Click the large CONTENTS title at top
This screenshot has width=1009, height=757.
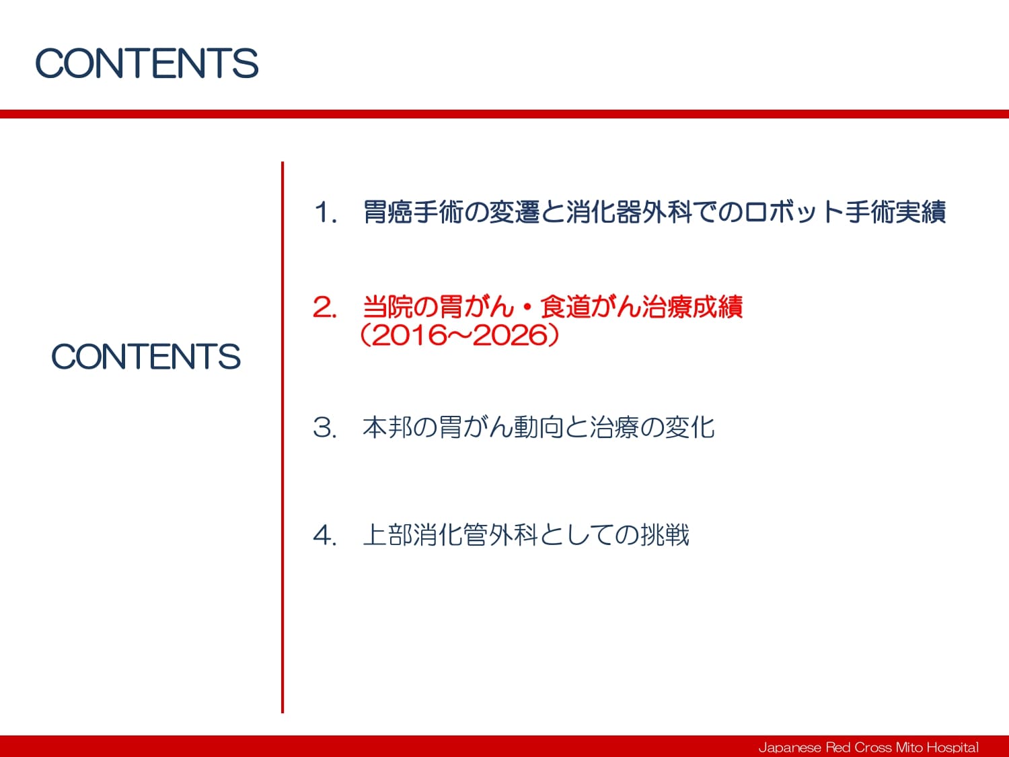pyautogui.click(x=147, y=63)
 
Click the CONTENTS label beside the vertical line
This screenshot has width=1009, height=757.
pyautogui.click(x=146, y=356)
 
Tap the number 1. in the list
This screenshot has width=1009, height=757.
pyautogui.click(x=325, y=213)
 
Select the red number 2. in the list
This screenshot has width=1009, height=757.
pyautogui.click(x=324, y=307)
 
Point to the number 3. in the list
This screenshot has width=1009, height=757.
pyautogui.click(x=324, y=427)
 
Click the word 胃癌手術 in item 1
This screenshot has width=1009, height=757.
pyautogui.click(x=413, y=212)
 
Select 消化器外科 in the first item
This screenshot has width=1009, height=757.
pyautogui.click(x=629, y=212)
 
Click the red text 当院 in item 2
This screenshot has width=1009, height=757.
pyautogui.click(x=387, y=307)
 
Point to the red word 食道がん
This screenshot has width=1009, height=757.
pyautogui.click(x=590, y=307)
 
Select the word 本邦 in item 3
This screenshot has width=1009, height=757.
pyautogui.click(x=387, y=427)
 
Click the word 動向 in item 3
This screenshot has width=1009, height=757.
pyautogui.click(x=539, y=427)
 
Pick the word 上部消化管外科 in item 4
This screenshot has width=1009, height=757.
pyautogui.click(x=450, y=535)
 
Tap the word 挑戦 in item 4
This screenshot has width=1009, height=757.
pyautogui.click(x=664, y=535)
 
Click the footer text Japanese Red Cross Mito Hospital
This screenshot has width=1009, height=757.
pyautogui.click(x=868, y=747)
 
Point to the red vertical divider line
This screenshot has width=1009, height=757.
pyautogui.click(x=283, y=437)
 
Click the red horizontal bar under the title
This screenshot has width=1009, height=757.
pyautogui.click(x=504, y=114)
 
